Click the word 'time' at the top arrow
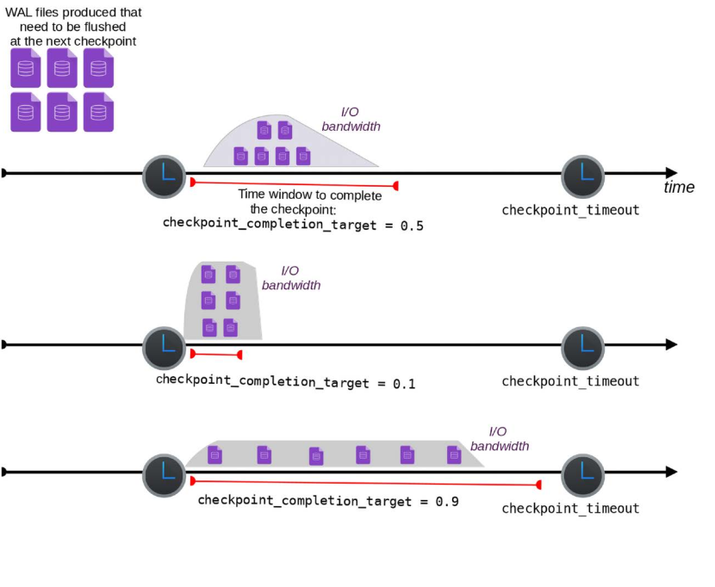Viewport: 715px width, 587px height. (x=679, y=188)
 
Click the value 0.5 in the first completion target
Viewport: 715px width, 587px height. (x=412, y=225)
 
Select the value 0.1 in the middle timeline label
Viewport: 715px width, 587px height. (x=404, y=383)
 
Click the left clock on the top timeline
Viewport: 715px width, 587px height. (x=164, y=176)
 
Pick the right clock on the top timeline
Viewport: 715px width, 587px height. (x=583, y=176)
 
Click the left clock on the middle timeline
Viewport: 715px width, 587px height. (x=164, y=348)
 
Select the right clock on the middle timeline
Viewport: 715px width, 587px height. (x=583, y=348)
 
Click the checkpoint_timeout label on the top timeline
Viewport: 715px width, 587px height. (x=570, y=210)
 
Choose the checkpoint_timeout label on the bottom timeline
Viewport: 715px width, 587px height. (x=570, y=508)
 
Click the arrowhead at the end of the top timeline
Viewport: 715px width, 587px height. (x=670, y=173)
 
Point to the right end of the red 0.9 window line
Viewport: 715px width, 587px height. (x=539, y=485)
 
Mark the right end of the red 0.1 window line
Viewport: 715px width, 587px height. (x=239, y=355)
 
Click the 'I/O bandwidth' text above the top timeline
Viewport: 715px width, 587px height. (x=351, y=120)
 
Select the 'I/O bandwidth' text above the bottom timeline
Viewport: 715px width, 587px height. (x=500, y=439)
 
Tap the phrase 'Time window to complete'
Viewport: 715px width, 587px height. (x=309, y=195)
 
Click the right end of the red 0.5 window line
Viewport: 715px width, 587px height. (x=395, y=186)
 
